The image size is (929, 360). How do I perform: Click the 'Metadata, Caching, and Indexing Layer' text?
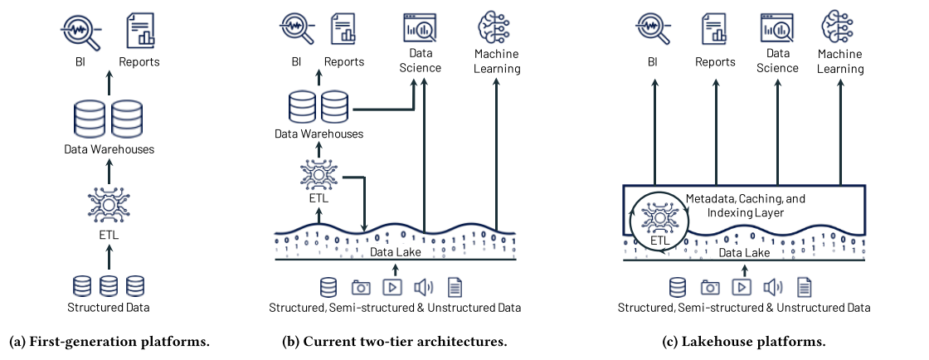click(x=745, y=207)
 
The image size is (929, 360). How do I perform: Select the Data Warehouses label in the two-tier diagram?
click(x=319, y=133)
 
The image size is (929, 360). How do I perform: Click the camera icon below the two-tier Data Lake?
click(x=361, y=287)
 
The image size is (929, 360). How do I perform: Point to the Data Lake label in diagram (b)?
click(x=394, y=251)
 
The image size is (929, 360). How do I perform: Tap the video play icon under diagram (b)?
click(x=392, y=287)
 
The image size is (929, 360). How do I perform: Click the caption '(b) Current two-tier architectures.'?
click(x=394, y=341)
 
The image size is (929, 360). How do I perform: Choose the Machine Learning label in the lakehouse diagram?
click(x=840, y=61)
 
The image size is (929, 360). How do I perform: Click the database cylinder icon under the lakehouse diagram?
click(x=679, y=287)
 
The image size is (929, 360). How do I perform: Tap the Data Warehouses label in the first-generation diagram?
click(x=108, y=150)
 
